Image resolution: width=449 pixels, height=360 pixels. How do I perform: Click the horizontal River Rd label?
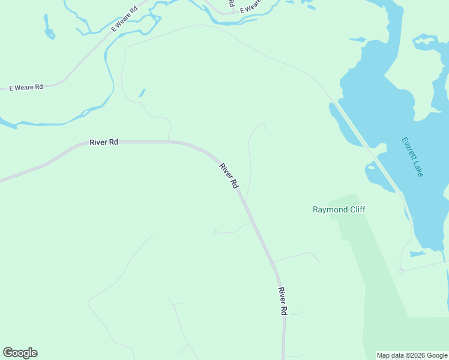(x=104, y=142)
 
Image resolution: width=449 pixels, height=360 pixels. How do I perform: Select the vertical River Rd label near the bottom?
(x=283, y=301)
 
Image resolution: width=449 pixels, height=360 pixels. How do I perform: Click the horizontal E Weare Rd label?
(x=26, y=87)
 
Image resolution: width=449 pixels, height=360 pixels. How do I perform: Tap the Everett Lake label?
(x=412, y=157)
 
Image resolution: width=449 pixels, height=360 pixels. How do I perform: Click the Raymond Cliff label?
(x=339, y=209)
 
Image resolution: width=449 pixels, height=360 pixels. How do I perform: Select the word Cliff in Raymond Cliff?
(x=356, y=209)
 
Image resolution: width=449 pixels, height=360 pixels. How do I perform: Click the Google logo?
(x=20, y=353)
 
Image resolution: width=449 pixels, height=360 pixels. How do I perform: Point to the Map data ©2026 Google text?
(x=412, y=355)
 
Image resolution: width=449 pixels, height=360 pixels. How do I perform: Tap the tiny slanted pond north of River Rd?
(x=142, y=93)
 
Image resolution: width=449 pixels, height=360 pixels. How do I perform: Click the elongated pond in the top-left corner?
(x=48, y=28)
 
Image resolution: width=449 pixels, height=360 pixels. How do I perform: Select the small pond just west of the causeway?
(x=378, y=178)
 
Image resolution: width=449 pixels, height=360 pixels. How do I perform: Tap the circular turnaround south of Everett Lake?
(x=400, y=272)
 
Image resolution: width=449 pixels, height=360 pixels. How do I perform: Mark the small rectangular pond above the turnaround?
(x=417, y=254)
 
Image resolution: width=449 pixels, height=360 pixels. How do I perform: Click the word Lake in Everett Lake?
(x=418, y=167)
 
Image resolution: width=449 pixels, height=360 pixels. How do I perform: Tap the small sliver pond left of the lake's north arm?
(x=358, y=40)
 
